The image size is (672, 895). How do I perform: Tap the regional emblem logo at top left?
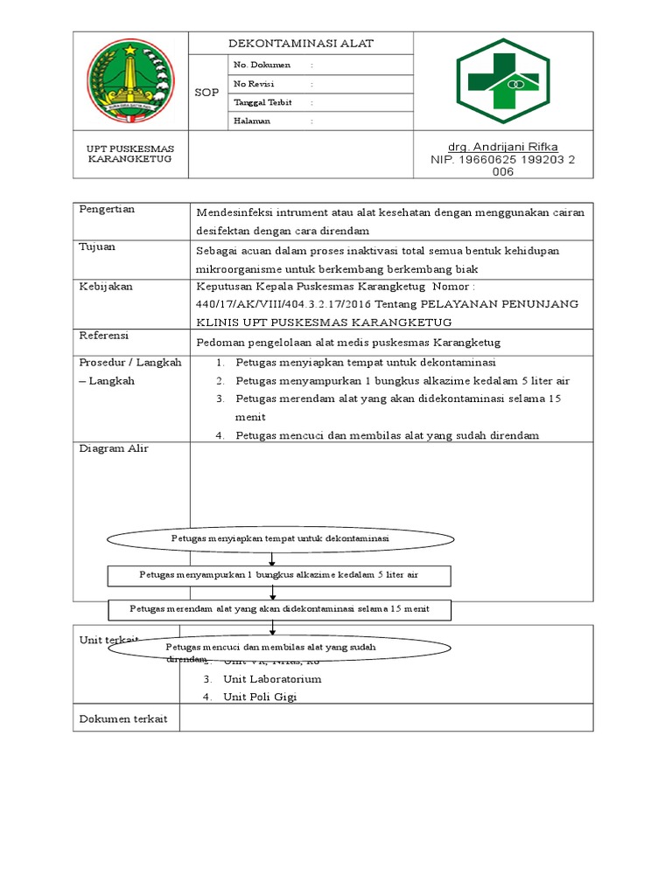tap(131, 80)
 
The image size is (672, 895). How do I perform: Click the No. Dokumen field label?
tap(261, 66)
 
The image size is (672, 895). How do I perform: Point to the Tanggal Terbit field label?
tap(262, 102)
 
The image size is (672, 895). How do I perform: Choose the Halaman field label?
tap(252, 121)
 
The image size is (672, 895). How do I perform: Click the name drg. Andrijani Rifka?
tap(502, 147)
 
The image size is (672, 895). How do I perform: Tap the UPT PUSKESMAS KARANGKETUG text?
tap(130, 155)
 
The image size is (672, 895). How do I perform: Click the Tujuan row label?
tap(97, 247)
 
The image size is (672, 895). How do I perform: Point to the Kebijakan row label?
tap(106, 287)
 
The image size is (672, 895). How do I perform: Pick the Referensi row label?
tap(104, 336)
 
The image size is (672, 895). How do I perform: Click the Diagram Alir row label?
tap(114, 448)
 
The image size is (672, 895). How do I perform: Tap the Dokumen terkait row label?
tap(124, 718)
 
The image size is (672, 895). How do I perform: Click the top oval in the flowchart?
tap(280, 539)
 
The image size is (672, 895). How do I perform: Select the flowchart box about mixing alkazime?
tap(279, 575)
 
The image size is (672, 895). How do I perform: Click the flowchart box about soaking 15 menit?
tap(278, 607)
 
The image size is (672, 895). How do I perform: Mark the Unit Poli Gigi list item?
tap(260, 697)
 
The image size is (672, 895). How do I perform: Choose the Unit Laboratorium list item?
tap(272, 679)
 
